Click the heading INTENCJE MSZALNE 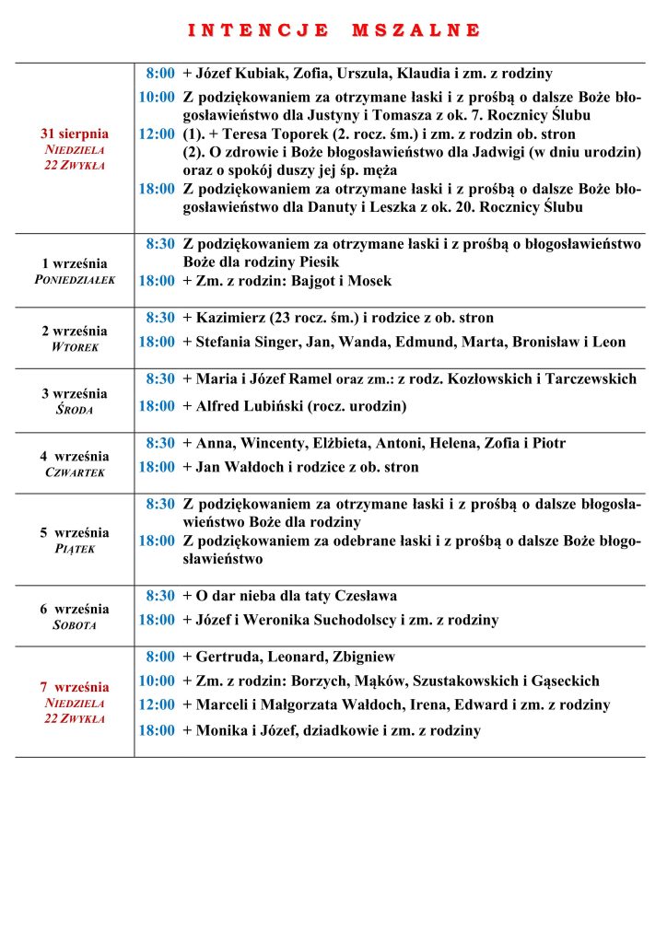tap(333, 30)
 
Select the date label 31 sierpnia tap(75, 134)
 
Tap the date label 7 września tap(74, 687)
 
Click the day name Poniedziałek tap(75, 280)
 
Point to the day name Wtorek tap(75, 347)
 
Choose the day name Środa tap(75, 410)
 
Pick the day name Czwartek tap(75, 472)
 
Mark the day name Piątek tap(75, 549)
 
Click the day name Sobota tap(75, 625)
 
